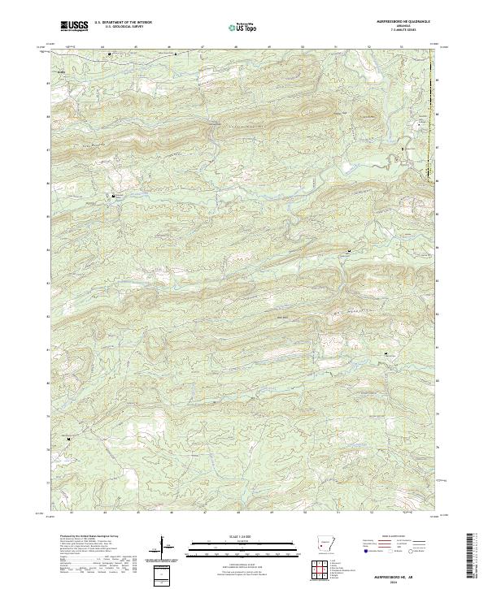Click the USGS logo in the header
coord(73,27)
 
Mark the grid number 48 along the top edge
coord(235,45)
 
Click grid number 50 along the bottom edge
coord(303,513)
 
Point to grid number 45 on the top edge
coord(135,45)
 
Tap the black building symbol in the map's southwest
coord(69,440)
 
